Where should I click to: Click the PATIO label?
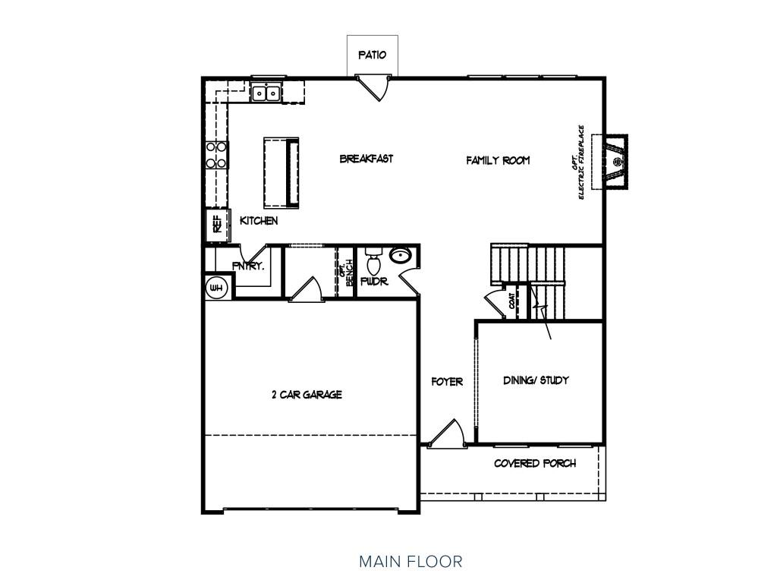372,55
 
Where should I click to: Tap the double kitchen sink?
266,93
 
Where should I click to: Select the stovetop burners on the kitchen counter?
216,155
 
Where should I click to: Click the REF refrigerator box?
217,224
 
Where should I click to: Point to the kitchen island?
281,172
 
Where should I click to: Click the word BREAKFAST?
366,159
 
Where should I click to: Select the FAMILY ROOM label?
498,160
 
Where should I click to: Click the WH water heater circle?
216,287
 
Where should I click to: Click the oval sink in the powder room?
401,255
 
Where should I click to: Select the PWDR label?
374,282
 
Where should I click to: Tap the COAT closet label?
511,301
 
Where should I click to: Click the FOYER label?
447,382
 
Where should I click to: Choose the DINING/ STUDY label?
536,380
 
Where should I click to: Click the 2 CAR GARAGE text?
307,395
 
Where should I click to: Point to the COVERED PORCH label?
535,464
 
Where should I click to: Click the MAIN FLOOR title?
411,562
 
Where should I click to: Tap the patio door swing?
373,87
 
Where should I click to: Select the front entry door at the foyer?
445,434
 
